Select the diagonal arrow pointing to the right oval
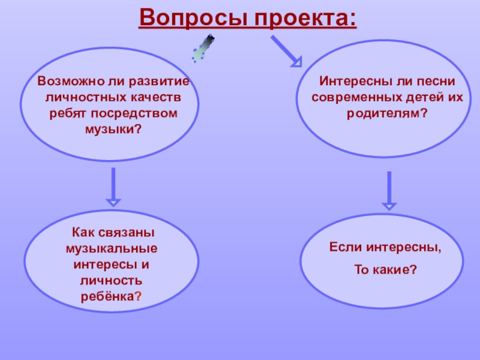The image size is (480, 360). click(x=286, y=50)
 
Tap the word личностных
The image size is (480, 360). click(x=74, y=97)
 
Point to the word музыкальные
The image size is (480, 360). click(x=112, y=248)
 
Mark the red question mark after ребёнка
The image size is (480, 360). click(x=138, y=297)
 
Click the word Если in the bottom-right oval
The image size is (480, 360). click(x=344, y=247)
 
